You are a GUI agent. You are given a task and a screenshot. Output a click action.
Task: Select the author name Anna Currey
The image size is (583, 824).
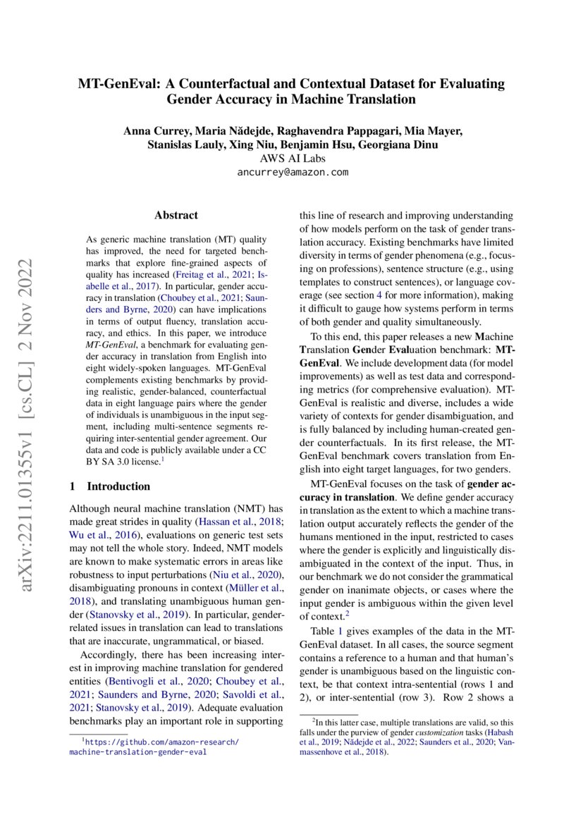(153, 131)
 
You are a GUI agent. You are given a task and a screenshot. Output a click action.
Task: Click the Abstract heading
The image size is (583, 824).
(176, 216)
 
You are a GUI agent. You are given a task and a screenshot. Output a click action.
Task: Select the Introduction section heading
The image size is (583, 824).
(118, 486)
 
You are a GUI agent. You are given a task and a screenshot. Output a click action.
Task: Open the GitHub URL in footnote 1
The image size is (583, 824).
(154, 747)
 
